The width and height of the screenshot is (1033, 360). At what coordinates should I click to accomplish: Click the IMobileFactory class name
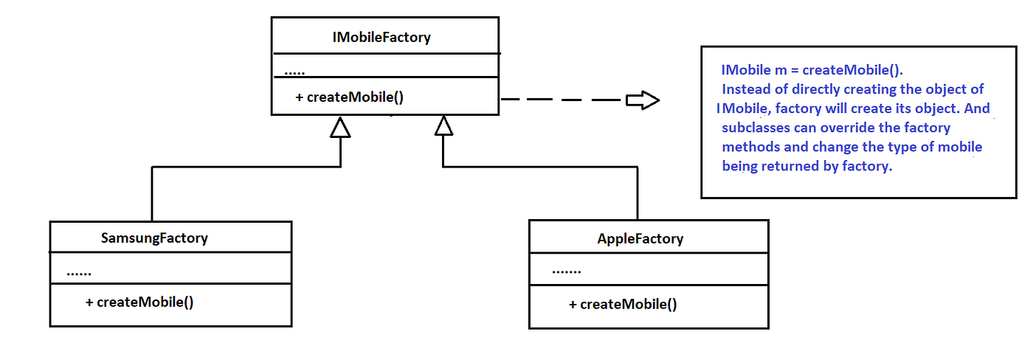click(381, 37)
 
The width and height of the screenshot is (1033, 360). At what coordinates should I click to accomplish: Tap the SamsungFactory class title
click(154, 238)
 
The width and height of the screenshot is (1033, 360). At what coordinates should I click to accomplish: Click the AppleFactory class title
click(640, 238)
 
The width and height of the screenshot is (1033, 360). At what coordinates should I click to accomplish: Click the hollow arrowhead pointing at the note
click(642, 100)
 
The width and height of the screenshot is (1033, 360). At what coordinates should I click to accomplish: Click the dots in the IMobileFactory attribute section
click(294, 73)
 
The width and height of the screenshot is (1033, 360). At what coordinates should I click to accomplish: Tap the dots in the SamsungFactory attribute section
click(78, 274)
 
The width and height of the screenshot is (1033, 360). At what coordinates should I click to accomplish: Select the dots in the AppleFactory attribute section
click(566, 271)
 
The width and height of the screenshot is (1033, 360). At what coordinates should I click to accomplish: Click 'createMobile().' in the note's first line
click(852, 70)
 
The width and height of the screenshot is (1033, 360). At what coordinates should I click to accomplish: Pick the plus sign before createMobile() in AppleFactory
click(573, 304)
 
